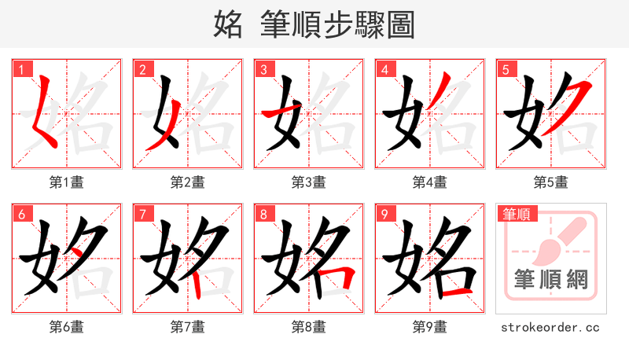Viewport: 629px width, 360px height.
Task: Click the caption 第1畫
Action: tap(67, 182)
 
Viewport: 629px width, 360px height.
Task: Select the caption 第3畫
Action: tap(309, 182)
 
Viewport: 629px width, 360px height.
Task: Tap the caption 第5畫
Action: tap(551, 182)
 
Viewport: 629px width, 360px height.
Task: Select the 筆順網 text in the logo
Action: tap(551, 279)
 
